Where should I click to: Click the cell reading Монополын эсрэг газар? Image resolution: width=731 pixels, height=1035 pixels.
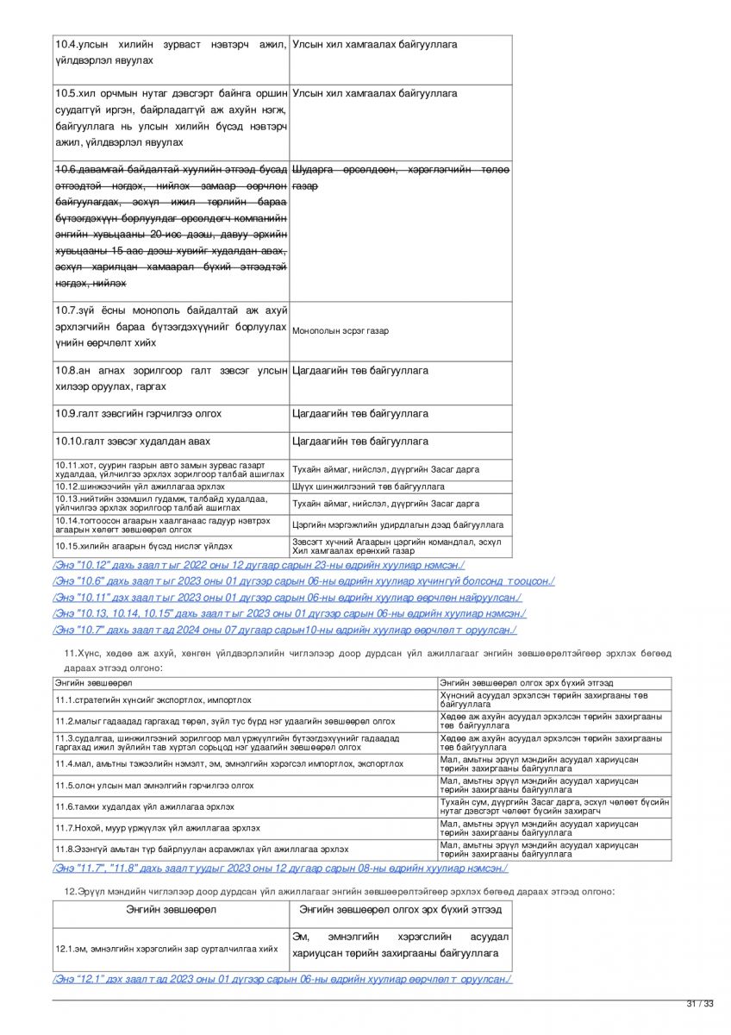point(341,330)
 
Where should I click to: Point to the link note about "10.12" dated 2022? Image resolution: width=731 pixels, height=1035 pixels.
point(259,565)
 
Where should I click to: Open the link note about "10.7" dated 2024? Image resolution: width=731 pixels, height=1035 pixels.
point(284,630)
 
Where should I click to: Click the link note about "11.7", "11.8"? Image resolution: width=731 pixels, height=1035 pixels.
point(280,869)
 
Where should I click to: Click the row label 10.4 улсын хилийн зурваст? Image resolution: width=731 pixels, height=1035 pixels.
point(171,53)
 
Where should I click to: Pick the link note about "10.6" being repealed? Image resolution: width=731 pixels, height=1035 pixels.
point(303,581)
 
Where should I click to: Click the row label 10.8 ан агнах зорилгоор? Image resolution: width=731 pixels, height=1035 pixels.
point(171,379)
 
